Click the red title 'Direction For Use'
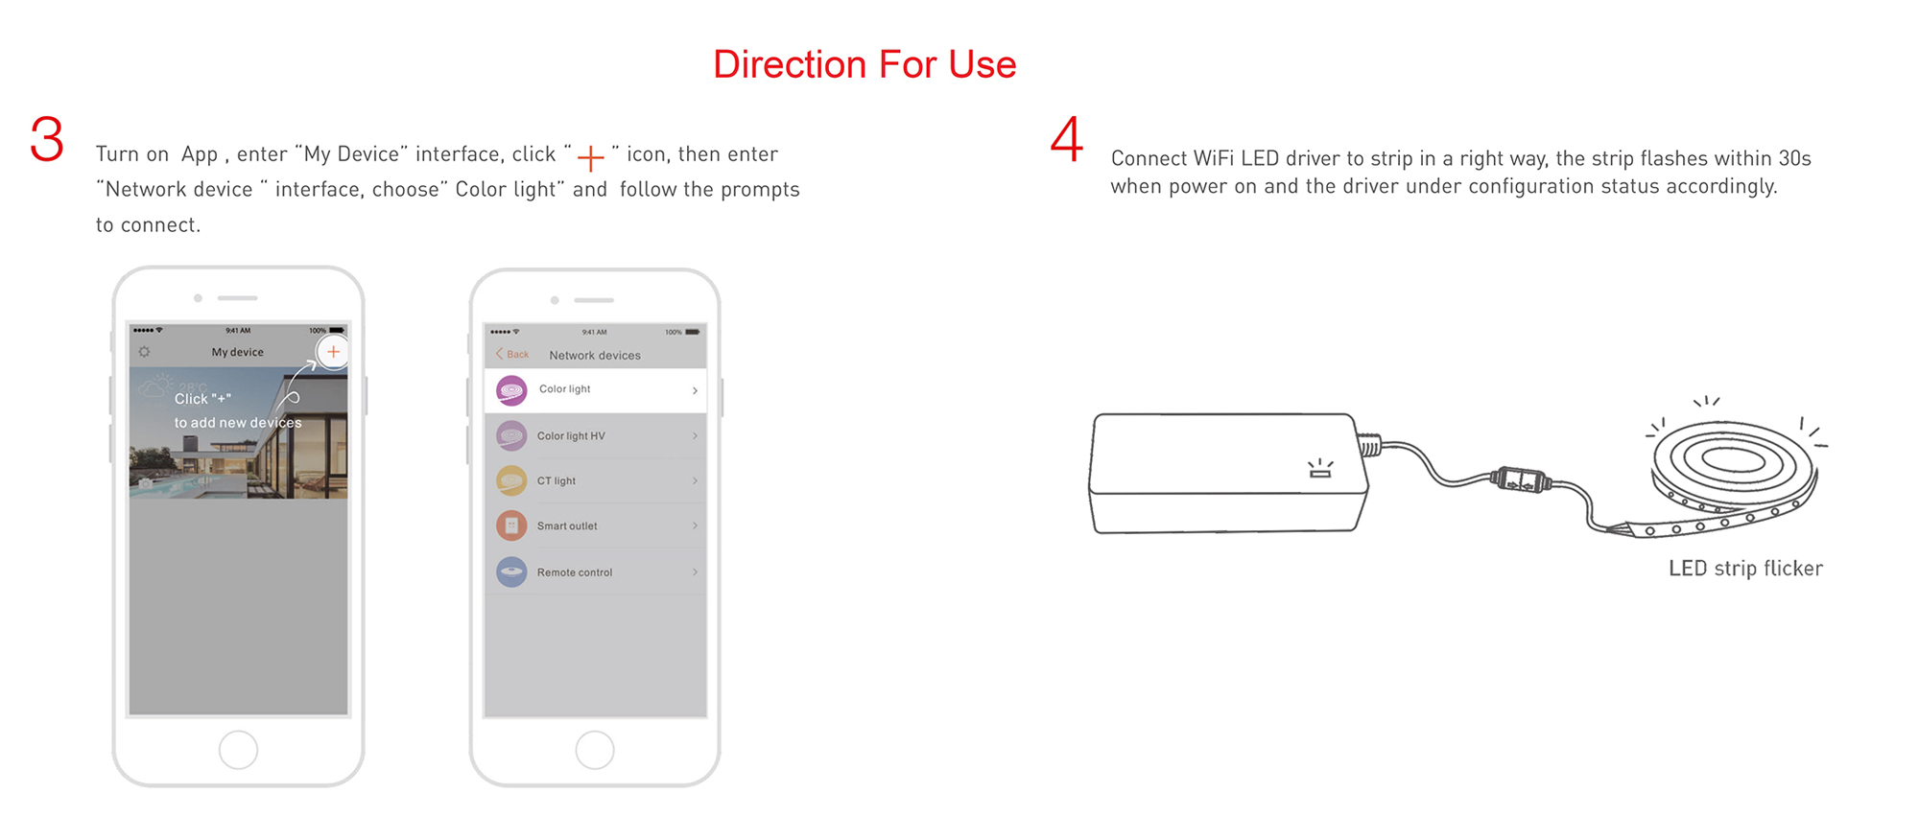click(865, 64)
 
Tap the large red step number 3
click(47, 139)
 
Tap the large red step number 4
click(1067, 139)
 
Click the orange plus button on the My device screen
click(333, 352)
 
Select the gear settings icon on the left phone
click(144, 352)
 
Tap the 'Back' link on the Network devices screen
click(512, 354)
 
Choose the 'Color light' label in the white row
click(564, 389)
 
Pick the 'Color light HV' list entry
click(571, 436)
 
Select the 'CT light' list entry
click(557, 481)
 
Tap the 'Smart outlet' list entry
click(567, 526)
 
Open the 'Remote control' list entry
click(575, 572)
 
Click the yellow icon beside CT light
click(511, 480)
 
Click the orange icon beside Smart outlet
click(511, 525)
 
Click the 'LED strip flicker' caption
click(1745, 569)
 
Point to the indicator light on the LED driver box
click(1320, 468)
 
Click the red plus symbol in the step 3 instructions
click(591, 157)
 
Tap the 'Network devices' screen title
click(595, 356)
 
